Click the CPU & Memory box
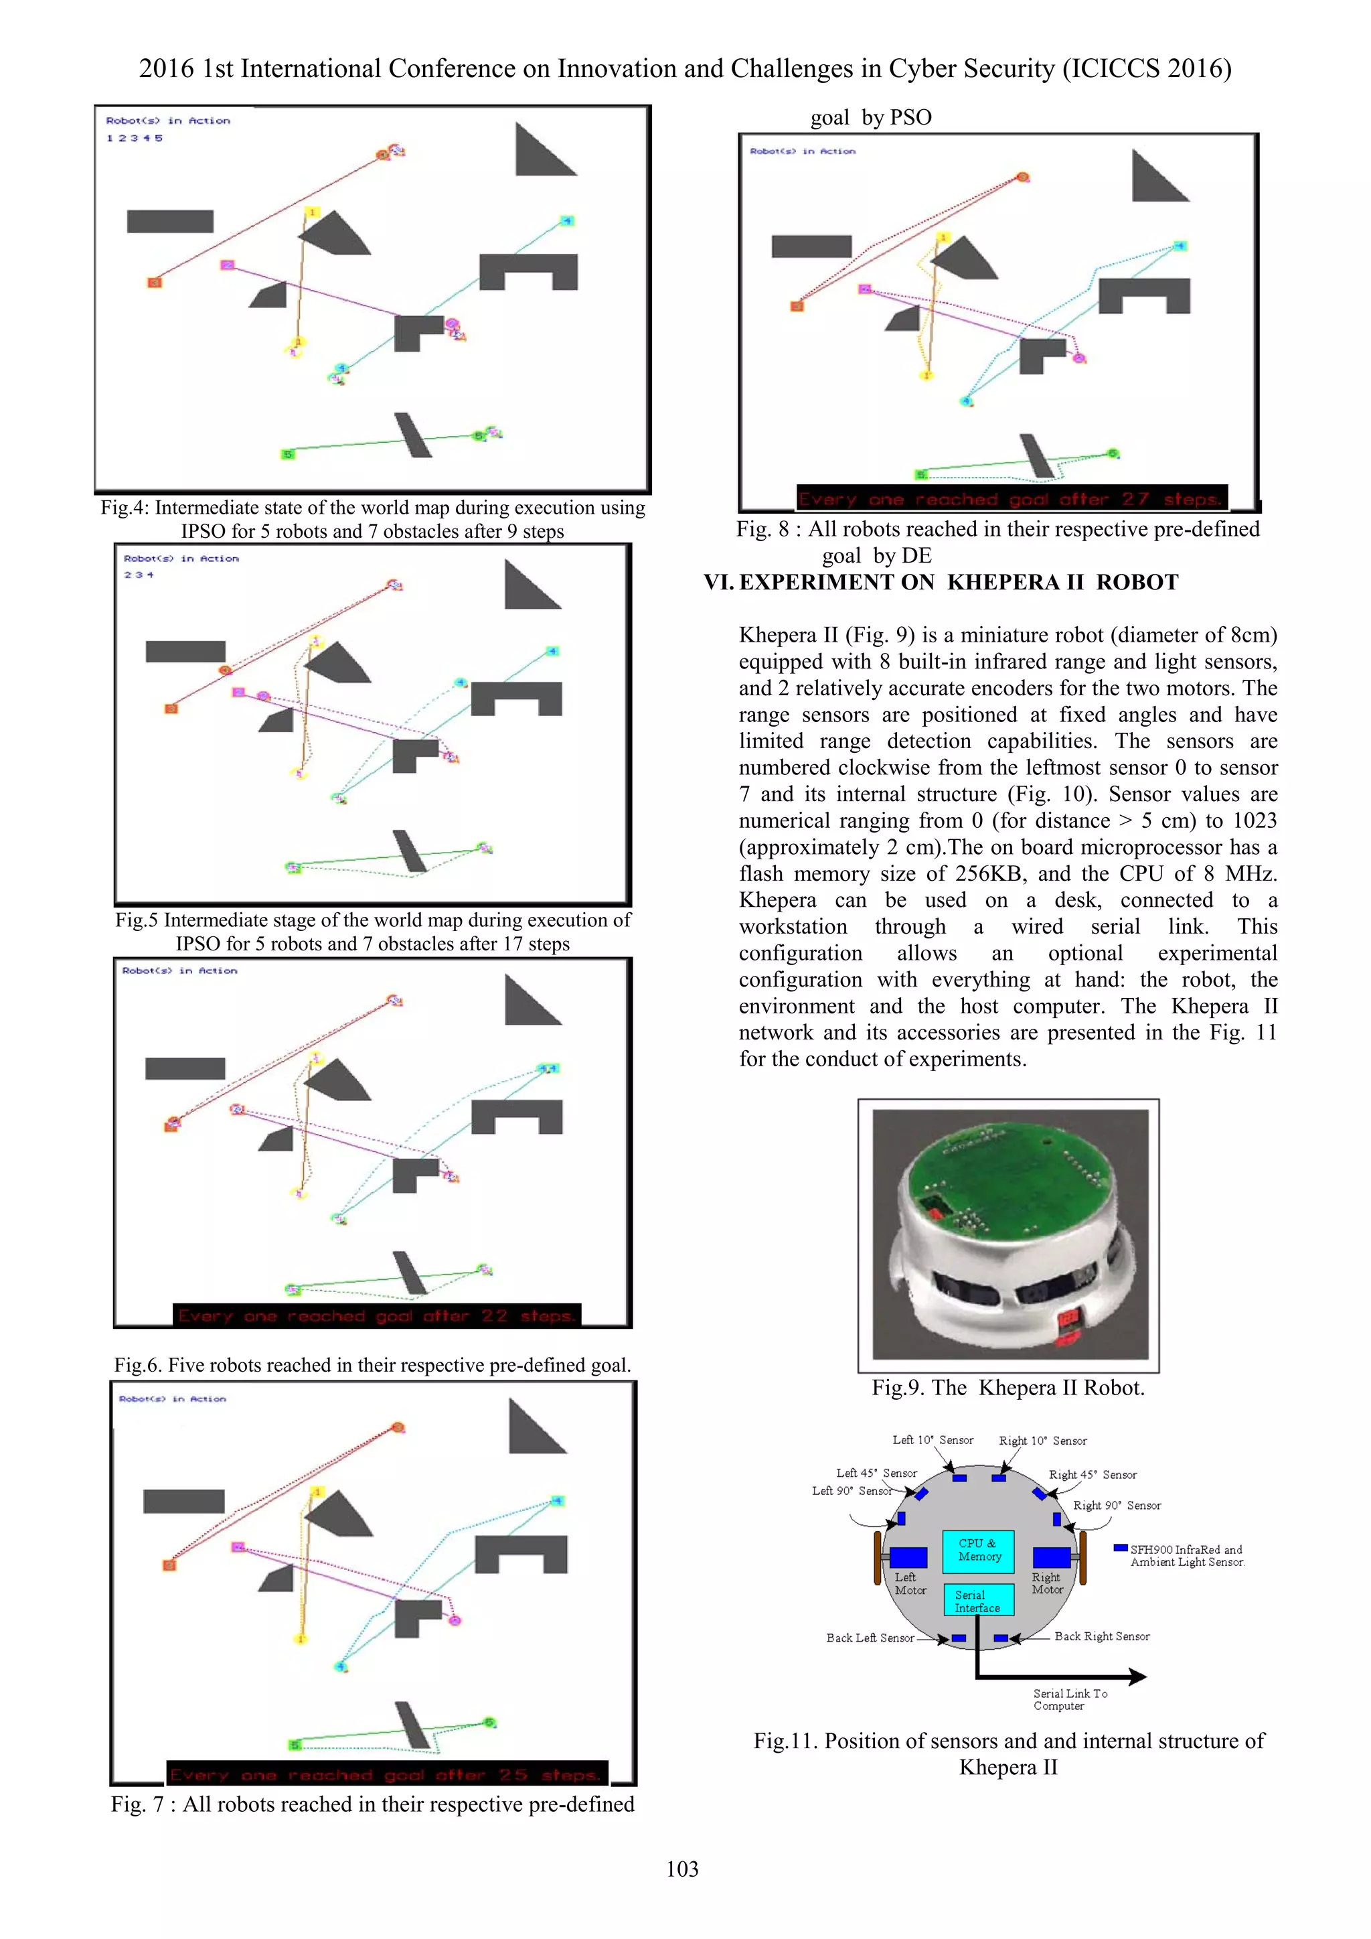(979, 1550)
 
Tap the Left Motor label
(910, 1583)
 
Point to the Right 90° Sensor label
(1117, 1506)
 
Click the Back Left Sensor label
(870, 1638)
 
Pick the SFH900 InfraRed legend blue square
(1120, 1548)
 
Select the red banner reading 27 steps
(1012, 499)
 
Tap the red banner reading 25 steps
(387, 1775)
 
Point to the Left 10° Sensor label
(932, 1441)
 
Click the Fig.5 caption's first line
(372, 920)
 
